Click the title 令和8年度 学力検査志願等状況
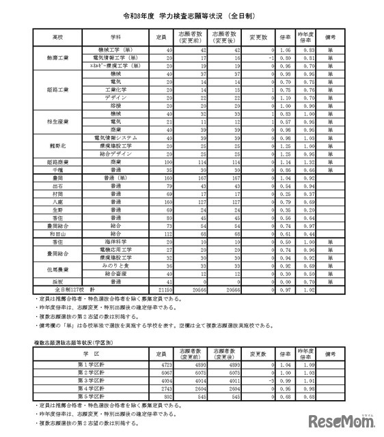point(192,14)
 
